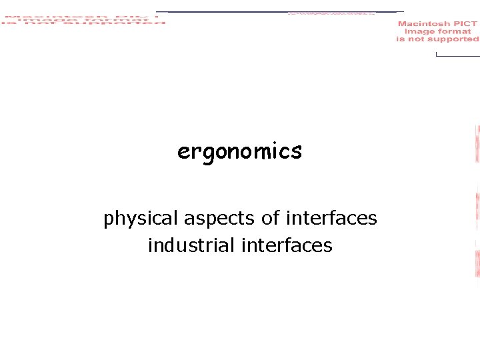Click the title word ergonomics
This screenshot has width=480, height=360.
click(x=239, y=152)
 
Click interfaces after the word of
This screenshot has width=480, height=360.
click(x=331, y=218)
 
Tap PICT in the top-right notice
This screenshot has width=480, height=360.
click(x=465, y=24)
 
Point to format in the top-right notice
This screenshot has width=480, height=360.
click(x=454, y=31)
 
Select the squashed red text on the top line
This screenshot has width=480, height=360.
click(x=331, y=13)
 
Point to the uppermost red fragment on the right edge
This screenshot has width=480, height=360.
click(x=477, y=144)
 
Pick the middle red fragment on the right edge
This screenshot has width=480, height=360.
click(x=477, y=207)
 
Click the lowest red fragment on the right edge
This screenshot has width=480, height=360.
click(x=477, y=263)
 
